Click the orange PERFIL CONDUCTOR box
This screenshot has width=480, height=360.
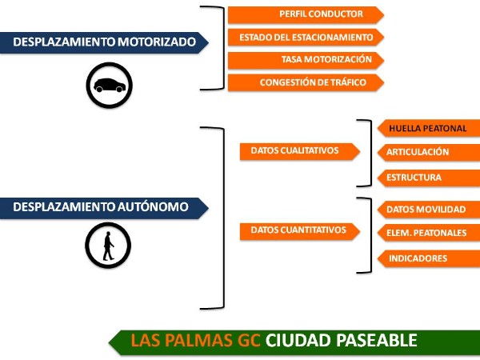[x=306, y=14]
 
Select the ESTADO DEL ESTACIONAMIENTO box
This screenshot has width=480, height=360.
[x=306, y=38]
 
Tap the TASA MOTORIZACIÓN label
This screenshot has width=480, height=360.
[x=326, y=59]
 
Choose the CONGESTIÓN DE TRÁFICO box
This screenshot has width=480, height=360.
[x=306, y=82]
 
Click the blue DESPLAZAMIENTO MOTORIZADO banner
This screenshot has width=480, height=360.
[x=104, y=42]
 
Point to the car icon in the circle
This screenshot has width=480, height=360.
[x=110, y=85]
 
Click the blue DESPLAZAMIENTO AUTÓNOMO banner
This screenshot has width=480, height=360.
[x=104, y=208]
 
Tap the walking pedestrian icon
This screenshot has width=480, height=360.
[x=108, y=246]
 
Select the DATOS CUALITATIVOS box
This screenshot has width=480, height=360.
[x=300, y=151]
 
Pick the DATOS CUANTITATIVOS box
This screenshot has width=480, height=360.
[x=300, y=231]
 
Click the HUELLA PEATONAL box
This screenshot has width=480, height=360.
[x=429, y=128]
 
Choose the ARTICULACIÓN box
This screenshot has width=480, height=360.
[x=429, y=153]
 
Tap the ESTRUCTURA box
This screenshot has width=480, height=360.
[x=429, y=178]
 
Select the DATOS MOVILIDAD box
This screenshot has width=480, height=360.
[x=429, y=210]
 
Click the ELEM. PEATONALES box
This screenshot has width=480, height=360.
[x=429, y=234]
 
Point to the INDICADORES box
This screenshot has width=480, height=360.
[x=429, y=258]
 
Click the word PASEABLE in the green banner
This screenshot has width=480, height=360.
[x=377, y=341]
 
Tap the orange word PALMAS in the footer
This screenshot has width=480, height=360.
[x=199, y=341]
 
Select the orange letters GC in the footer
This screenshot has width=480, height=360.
[x=249, y=341]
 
